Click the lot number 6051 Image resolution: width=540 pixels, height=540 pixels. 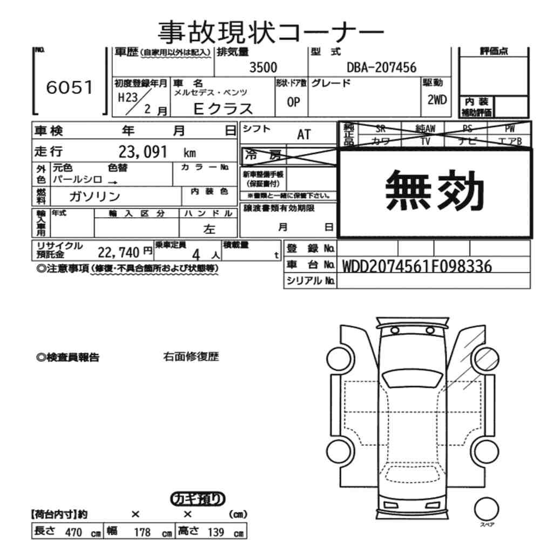pyautogui.click(x=70, y=88)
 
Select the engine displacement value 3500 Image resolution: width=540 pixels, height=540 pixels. pyautogui.click(x=263, y=67)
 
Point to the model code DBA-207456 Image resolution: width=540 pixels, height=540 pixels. pyautogui.click(x=381, y=67)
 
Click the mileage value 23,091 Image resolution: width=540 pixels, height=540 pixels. pyautogui.click(x=143, y=152)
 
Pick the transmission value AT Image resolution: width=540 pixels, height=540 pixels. pyautogui.click(x=304, y=134)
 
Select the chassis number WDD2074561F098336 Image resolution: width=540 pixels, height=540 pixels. pyautogui.click(x=417, y=266)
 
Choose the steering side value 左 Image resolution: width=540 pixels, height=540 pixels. pyautogui.click(x=209, y=229)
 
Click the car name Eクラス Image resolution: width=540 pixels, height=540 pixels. pyautogui.click(x=223, y=109)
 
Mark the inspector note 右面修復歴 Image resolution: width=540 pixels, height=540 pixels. pyautogui.click(x=191, y=357)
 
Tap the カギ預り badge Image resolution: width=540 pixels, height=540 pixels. pyautogui.click(x=198, y=499)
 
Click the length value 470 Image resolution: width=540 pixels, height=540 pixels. pyautogui.click(x=73, y=532)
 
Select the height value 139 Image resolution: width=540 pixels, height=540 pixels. pyautogui.click(x=215, y=532)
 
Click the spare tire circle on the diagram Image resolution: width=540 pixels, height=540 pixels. pyautogui.click(x=487, y=509)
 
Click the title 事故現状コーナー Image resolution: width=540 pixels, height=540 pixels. pyautogui.click(x=270, y=31)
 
